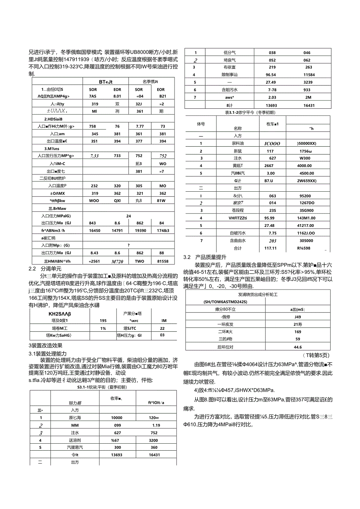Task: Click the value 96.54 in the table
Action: tap(271, 74)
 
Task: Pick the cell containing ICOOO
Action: tap(270, 144)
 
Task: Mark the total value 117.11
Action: tap(270, 248)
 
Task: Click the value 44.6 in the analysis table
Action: tap(298, 347)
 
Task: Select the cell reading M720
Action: tap(117, 261)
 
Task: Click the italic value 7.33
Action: tap(94, 156)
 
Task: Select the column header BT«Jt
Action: tap(106, 81)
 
